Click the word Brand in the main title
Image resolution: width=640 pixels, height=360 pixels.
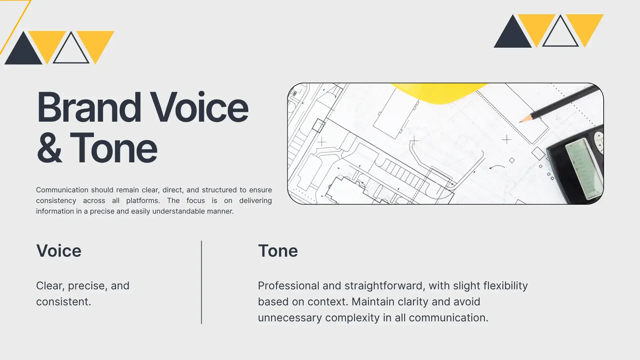point(89,107)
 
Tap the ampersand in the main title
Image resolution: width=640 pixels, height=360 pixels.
point(49,148)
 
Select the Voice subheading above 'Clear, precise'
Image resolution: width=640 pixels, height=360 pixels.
point(59,251)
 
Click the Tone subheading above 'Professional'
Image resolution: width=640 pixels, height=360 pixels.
point(278,251)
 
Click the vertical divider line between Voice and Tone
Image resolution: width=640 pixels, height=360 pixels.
point(201,282)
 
